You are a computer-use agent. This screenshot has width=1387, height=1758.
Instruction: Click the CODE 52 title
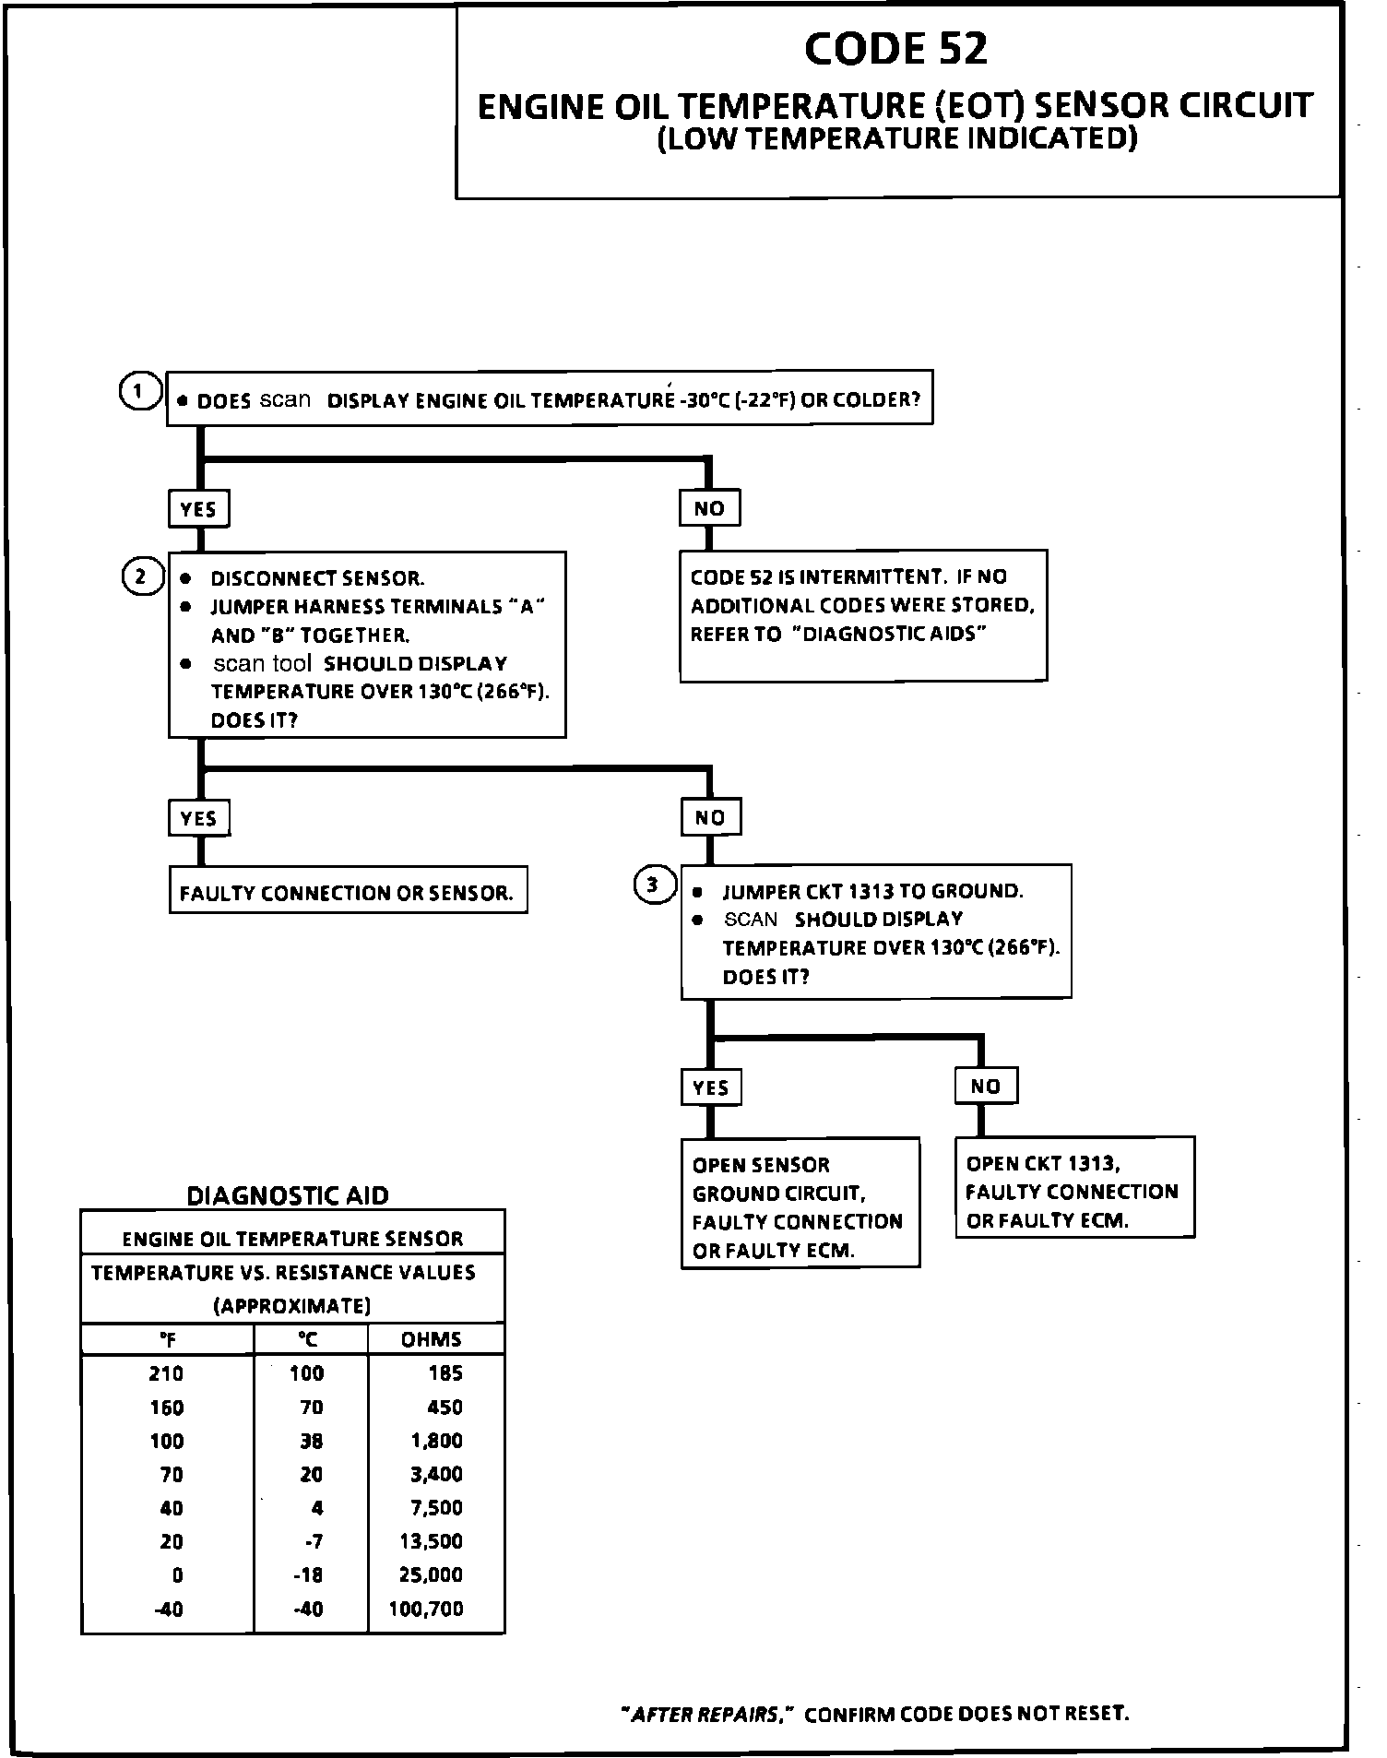pos(895,50)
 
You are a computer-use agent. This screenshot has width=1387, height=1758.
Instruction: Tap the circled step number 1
pos(137,391)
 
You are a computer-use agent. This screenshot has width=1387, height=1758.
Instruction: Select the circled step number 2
pos(140,577)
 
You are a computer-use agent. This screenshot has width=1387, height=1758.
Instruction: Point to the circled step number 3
pos(653,885)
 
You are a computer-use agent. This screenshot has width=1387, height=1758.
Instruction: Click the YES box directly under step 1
pos(198,509)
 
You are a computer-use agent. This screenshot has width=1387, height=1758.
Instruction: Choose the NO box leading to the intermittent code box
pos(709,508)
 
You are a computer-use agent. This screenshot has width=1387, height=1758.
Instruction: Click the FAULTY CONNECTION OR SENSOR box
pos(347,892)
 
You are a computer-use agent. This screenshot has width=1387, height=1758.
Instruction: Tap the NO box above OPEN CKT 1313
pos(985,1087)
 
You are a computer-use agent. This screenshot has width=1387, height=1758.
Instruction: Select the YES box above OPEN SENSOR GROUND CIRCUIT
pos(710,1087)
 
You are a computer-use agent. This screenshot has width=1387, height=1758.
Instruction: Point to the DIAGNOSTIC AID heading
pos(288,1195)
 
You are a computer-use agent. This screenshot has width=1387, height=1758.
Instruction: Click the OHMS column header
pos(431,1339)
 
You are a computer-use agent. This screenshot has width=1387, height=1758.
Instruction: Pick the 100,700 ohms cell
pos(425,1609)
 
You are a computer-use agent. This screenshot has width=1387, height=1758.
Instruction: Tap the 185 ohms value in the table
pos(445,1373)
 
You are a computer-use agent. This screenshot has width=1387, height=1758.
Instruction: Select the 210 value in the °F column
pos(166,1373)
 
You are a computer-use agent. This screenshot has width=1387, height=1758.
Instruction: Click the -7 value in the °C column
pos(314,1541)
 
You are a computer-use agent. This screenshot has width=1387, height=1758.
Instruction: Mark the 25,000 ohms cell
pos(431,1574)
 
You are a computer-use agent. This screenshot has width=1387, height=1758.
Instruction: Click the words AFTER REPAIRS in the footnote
pos(705,1714)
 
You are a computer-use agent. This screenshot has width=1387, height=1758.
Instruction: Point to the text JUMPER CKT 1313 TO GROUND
pos(872,891)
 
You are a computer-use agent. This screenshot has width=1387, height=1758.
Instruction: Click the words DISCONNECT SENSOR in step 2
pos(317,578)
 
